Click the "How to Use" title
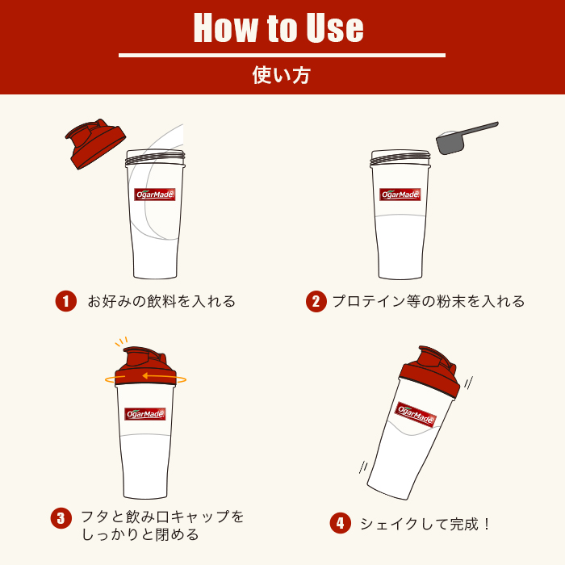(x=278, y=27)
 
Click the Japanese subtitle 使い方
(x=282, y=75)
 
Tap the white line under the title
(x=282, y=55)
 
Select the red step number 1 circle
(x=66, y=301)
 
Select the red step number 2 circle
(x=316, y=301)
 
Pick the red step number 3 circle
(x=61, y=518)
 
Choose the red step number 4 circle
(x=340, y=523)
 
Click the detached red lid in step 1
(x=95, y=144)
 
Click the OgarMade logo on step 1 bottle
(x=155, y=195)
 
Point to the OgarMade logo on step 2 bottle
(x=400, y=195)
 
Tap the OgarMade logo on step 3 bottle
(x=144, y=413)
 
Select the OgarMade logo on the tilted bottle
(x=416, y=414)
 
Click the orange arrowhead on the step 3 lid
(x=146, y=376)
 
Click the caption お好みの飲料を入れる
(x=161, y=301)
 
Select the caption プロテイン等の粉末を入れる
(x=429, y=301)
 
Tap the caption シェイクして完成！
(x=425, y=524)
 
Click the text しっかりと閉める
(x=140, y=534)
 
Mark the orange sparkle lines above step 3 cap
(x=121, y=341)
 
